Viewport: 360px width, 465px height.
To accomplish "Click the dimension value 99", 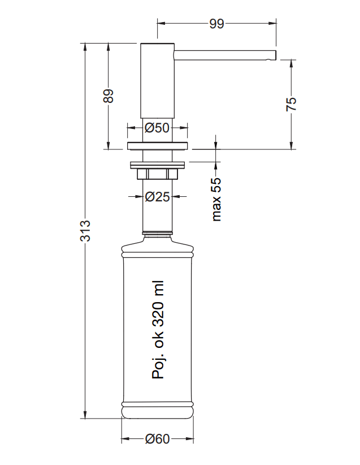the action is [x=216, y=24].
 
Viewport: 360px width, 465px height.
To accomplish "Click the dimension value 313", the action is [x=85, y=231].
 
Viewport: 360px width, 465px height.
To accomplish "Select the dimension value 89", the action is [x=109, y=96].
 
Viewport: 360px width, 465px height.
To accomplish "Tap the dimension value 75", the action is [x=291, y=104].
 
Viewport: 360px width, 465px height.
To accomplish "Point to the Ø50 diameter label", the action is [x=157, y=128].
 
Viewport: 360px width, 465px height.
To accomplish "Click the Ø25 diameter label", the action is [x=157, y=196].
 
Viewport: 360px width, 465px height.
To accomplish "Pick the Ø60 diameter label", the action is [x=157, y=439].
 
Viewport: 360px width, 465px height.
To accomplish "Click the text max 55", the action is [x=216, y=199].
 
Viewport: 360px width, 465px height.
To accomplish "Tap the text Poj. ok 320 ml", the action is [x=158, y=329].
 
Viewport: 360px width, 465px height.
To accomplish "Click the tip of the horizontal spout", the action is [x=276, y=55].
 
